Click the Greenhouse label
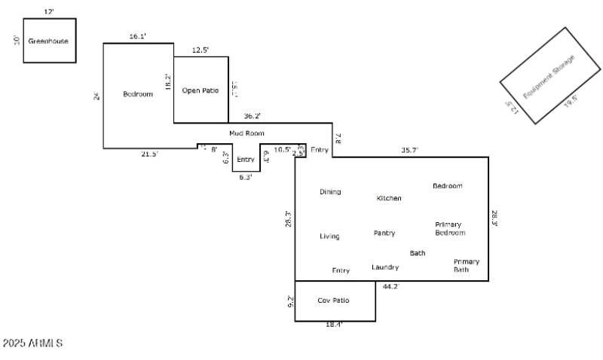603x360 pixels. (48, 41)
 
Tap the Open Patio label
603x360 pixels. (200, 90)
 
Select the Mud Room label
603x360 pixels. (246, 133)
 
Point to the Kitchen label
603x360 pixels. (389, 198)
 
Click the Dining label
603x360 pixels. (330, 192)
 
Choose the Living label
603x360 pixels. (329, 236)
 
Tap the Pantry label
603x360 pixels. (384, 233)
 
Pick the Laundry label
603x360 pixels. (385, 267)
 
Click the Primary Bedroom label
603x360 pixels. (450, 229)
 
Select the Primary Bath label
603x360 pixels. (466, 265)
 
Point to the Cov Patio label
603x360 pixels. (333, 301)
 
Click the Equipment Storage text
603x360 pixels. (549, 75)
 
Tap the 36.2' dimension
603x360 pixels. (252, 117)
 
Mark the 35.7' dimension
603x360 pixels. (409, 151)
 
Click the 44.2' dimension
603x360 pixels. (390, 287)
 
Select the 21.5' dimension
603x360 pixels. (149, 154)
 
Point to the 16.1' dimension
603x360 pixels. (138, 36)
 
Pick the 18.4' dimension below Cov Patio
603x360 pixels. (334, 325)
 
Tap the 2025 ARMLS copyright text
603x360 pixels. (33, 343)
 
